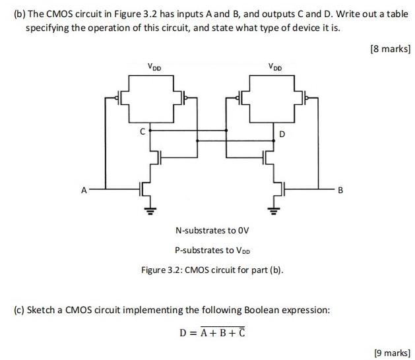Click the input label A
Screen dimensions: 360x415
click(84, 191)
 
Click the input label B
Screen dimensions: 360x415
click(340, 191)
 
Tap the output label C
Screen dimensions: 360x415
click(141, 131)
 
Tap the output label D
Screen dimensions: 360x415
click(282, 135)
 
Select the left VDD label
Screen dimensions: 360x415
click(154, 66)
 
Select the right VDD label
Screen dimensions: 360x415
click(275, 66)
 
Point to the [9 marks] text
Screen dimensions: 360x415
click(392, 353)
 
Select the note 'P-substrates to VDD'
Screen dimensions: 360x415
click(212, 251)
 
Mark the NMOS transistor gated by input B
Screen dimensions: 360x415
click(277, 191)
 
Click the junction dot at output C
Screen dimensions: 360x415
click(152, 131)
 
